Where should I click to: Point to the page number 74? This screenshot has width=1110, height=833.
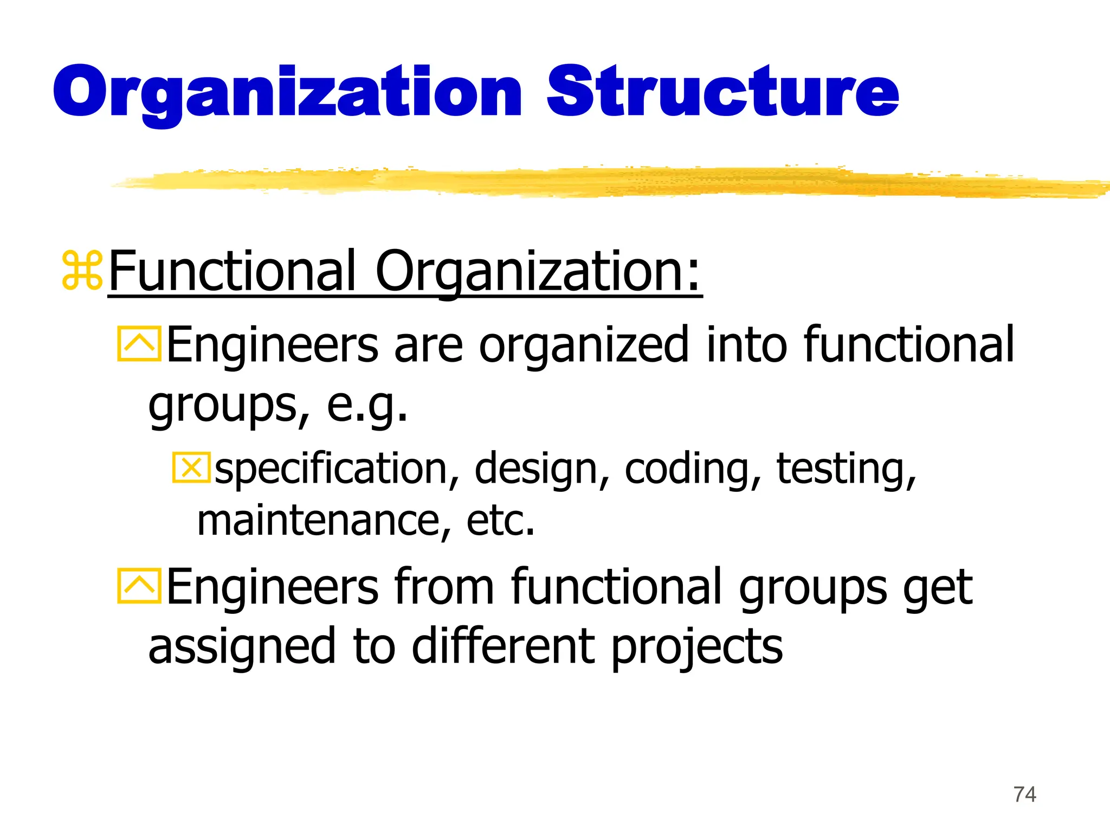(1024, 794)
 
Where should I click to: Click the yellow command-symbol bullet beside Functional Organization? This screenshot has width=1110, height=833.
(82, 270)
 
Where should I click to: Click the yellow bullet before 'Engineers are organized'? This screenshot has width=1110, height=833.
(139, 344)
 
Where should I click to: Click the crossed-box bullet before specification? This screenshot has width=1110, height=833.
(191, 467)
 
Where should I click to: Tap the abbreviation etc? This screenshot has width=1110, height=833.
(500, 521)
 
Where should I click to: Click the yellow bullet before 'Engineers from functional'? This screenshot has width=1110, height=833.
(139, 586)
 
